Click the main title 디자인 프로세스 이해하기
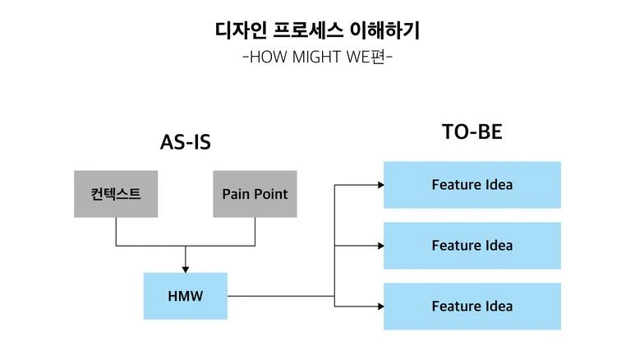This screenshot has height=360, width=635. pos(317,31)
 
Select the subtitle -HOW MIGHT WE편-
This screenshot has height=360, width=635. pos(317,58)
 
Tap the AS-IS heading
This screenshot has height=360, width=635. pos(185,142)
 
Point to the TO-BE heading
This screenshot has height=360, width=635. pos(472,132)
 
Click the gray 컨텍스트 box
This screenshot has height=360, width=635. pos(116,194)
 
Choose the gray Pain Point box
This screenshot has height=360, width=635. pos(255,194)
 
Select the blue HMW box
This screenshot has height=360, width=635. pos(185,296)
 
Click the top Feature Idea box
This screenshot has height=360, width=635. pos(472,184)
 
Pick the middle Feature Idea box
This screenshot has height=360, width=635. pos(472,245)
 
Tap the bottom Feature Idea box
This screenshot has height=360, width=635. pos(472,306)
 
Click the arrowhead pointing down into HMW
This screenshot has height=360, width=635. pos(185,269)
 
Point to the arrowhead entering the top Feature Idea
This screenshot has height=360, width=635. pos(380,185)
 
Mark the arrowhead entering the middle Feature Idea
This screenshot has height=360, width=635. pos(380,245)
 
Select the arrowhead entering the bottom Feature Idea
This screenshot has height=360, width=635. pos(380,306)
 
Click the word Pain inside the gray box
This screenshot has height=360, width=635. pos(237,194)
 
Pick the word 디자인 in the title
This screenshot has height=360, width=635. pos(239,31)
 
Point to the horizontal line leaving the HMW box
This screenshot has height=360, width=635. pos(279,296)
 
